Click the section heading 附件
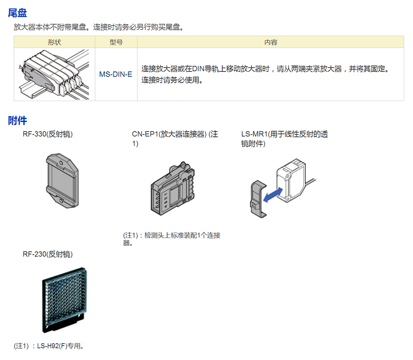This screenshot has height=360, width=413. point(18,121)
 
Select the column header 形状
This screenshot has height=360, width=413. point(54,42)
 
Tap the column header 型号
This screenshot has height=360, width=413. point(116,42)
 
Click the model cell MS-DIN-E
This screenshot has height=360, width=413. point(116,74)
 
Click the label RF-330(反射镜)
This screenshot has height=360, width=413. point(48,135)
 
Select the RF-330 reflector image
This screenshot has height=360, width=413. point(63,179)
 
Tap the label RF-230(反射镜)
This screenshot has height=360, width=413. point(48,254)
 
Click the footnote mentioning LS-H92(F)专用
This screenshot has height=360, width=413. point(50,346)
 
